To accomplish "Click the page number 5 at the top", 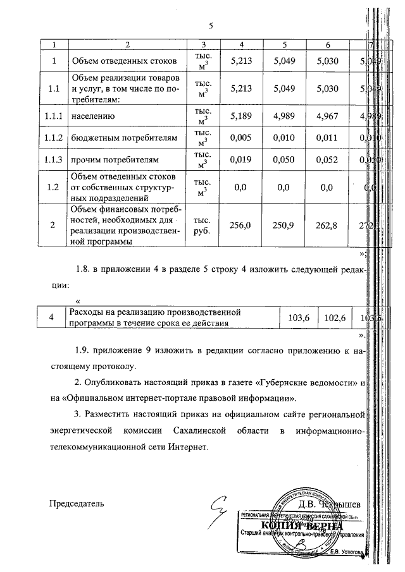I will pos(211,25).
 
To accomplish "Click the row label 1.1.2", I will pos(54,137).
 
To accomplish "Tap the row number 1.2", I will pos(54,186).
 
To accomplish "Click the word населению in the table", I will pos(92,115).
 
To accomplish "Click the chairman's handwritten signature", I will pos(221,504).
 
